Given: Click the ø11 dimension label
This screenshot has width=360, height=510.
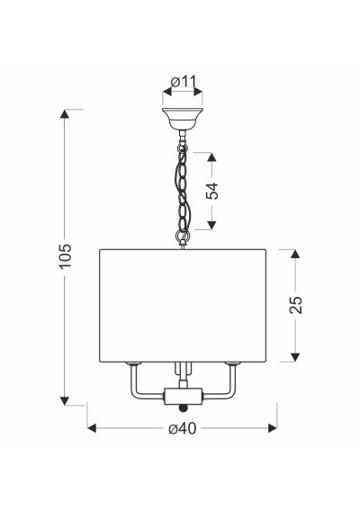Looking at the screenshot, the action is pos(184,81).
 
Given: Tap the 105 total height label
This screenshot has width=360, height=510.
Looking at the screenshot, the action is pos(65,255).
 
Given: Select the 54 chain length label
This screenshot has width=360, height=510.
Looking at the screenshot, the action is pos(211,191).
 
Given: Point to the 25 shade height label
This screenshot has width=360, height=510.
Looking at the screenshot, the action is pos(295,305).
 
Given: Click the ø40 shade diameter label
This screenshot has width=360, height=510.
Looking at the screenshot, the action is pos(183,428).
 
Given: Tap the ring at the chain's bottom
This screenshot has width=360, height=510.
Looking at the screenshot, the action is pos(183,235).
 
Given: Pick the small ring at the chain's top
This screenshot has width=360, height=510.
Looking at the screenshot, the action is pos(183,148).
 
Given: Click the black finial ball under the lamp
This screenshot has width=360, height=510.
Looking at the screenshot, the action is pos(184,407).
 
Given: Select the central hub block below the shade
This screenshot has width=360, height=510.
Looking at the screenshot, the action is pos(184,396).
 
